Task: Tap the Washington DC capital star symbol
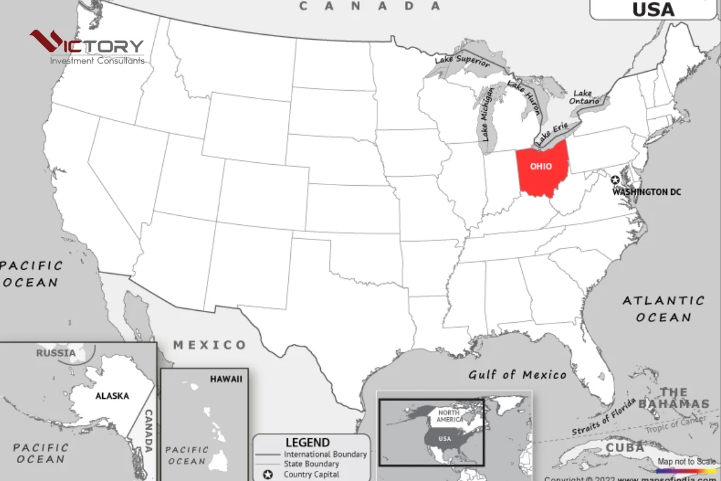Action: pyautogui.click(x=615, y=180)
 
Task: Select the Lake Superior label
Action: pyautogui.click(x=462, y=60)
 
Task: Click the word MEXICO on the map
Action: pyautogui.click(x=210, y=345)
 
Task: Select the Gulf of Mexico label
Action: pyautogui.click(x=517, y=375)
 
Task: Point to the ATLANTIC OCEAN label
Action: pyautogui.click(x=663, y=308)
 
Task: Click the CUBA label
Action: pyautogui.click(x=625, y=448)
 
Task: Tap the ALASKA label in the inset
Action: pyautogui.click(x=112, y=396)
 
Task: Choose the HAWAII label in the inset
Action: pyautogui.click(x=226, y=379)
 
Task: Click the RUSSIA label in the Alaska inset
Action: pyautogui.click(x=56, y=353)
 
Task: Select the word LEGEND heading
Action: pyautogui.click(x=308, y=443)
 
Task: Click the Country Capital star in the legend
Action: pyautogui.click(x=268, y=474)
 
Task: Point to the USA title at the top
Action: pyautogui.click(x=654, y=9)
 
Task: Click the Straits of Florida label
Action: pyautogui.click(x=603, y=417)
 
